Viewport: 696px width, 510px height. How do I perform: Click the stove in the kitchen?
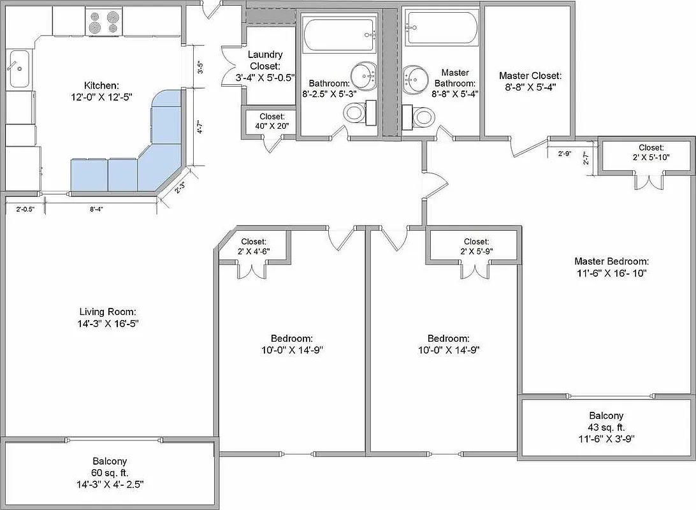103,22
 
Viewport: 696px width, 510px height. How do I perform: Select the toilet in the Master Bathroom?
423,117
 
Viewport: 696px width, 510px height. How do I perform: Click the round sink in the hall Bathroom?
363,76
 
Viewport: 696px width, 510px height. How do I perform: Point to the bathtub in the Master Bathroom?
442,29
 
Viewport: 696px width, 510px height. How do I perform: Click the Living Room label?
108,317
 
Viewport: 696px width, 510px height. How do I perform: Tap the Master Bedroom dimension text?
611,273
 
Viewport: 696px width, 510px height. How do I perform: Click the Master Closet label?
530,82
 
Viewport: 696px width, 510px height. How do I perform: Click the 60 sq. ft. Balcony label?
109,472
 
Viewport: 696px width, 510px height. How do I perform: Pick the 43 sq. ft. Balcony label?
606,426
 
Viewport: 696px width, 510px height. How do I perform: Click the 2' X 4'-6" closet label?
254,246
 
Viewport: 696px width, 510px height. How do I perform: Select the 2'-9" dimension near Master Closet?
564,154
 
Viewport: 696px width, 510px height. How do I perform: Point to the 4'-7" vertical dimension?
200,127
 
